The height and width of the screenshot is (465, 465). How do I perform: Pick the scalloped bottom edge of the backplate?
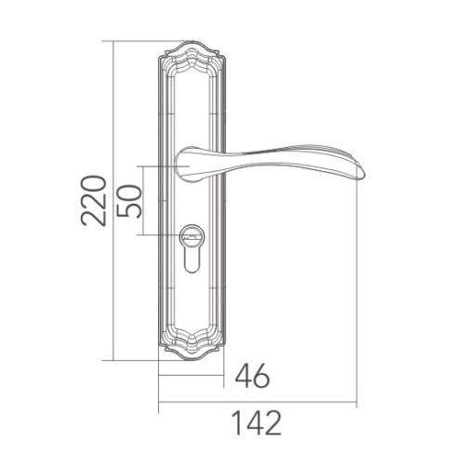(x=192, y=356)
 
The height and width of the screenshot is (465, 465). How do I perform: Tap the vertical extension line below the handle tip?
(x=357, y=298)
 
